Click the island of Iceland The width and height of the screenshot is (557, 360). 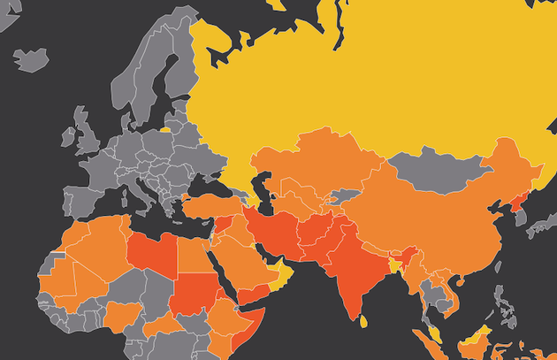[30, 59]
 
